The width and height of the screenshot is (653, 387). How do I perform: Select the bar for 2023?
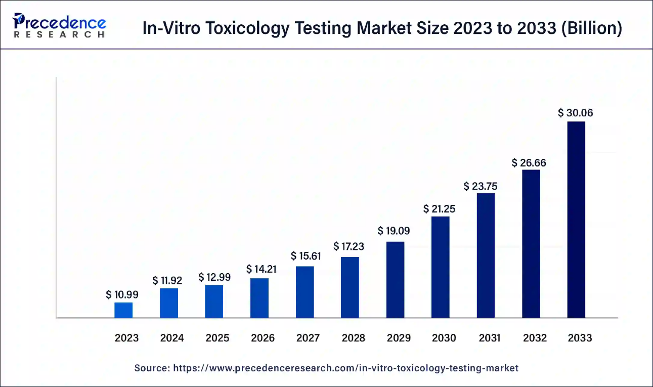point(123,310)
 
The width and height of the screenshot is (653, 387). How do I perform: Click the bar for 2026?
point(259,298)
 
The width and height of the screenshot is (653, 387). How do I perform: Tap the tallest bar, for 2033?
point(576,220)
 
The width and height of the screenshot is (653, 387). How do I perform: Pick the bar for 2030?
point(440,267)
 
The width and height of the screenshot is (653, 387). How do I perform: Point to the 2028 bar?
point(350,287)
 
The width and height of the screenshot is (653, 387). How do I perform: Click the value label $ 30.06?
point(576,113)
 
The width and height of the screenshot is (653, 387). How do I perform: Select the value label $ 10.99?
point(122,294)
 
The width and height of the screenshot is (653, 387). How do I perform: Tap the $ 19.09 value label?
point(394,231)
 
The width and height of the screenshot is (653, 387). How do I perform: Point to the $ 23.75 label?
point(481,186)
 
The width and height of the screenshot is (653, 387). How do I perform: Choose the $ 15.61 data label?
point(306,256)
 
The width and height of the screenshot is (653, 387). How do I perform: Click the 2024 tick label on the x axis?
point(172,338)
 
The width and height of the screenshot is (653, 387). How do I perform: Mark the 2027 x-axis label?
point(308,338)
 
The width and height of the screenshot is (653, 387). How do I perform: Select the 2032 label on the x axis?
point(535,338)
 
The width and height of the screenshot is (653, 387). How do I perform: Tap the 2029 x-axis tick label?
point(399,338)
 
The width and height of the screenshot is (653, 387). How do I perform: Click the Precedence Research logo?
point(60,26)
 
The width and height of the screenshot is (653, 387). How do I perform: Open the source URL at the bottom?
point(346,368)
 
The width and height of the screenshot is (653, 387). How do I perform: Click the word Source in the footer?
point(151,368)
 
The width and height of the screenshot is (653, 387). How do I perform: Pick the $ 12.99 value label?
point(214,277)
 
